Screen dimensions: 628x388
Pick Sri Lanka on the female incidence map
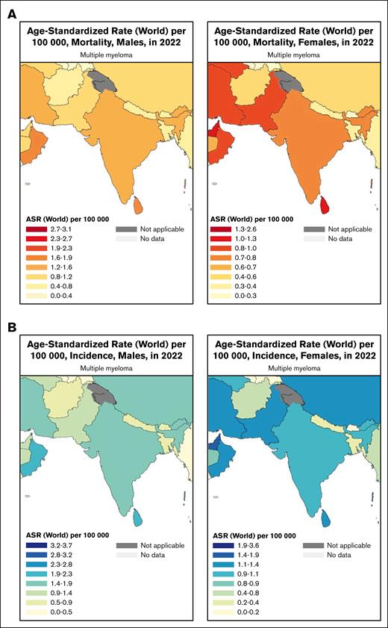click(x=322, y=515)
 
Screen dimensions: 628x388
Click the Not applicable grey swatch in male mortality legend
click(x=127, y=230)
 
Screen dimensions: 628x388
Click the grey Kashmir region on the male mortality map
click(x=99, y=78)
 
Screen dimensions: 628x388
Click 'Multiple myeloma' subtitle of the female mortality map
click(x=283, y=55)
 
